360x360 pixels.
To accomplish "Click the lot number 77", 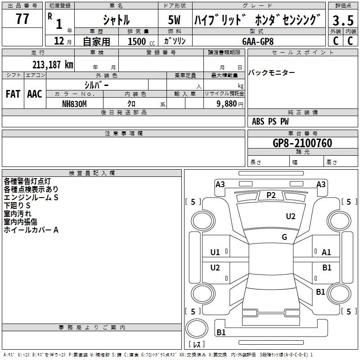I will tap(22, 19).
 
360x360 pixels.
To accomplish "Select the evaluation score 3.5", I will tap(342, 20).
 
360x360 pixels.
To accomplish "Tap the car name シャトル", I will tap(116, 20).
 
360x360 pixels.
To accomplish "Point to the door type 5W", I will tap(175, 20).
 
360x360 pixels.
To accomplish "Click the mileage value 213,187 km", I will tap(53, 64).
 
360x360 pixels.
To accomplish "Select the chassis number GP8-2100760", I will tap(302, 143).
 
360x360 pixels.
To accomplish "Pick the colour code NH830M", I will tap(74, 103).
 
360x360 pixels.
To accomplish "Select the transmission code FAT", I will tap(13, 94).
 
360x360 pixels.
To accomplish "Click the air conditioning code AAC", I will tap(34, 94).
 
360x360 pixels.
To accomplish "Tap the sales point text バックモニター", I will tap(272, 73).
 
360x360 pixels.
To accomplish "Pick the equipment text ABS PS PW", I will tap(270, 121).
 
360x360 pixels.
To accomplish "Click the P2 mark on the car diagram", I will tap(271, 195).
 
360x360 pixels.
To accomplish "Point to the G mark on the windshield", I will tap(284, 237).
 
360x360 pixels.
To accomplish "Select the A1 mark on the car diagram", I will tap(327, 252).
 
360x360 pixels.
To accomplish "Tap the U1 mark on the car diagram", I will tap(215, 252).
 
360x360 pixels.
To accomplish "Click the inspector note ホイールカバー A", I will tap(31, 230).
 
